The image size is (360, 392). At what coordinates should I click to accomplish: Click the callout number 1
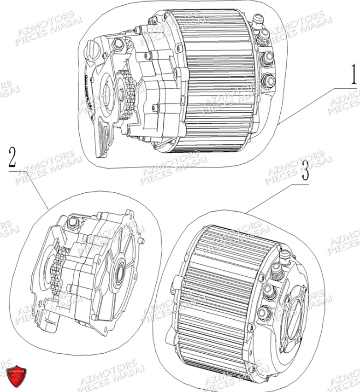click(353, 75)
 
